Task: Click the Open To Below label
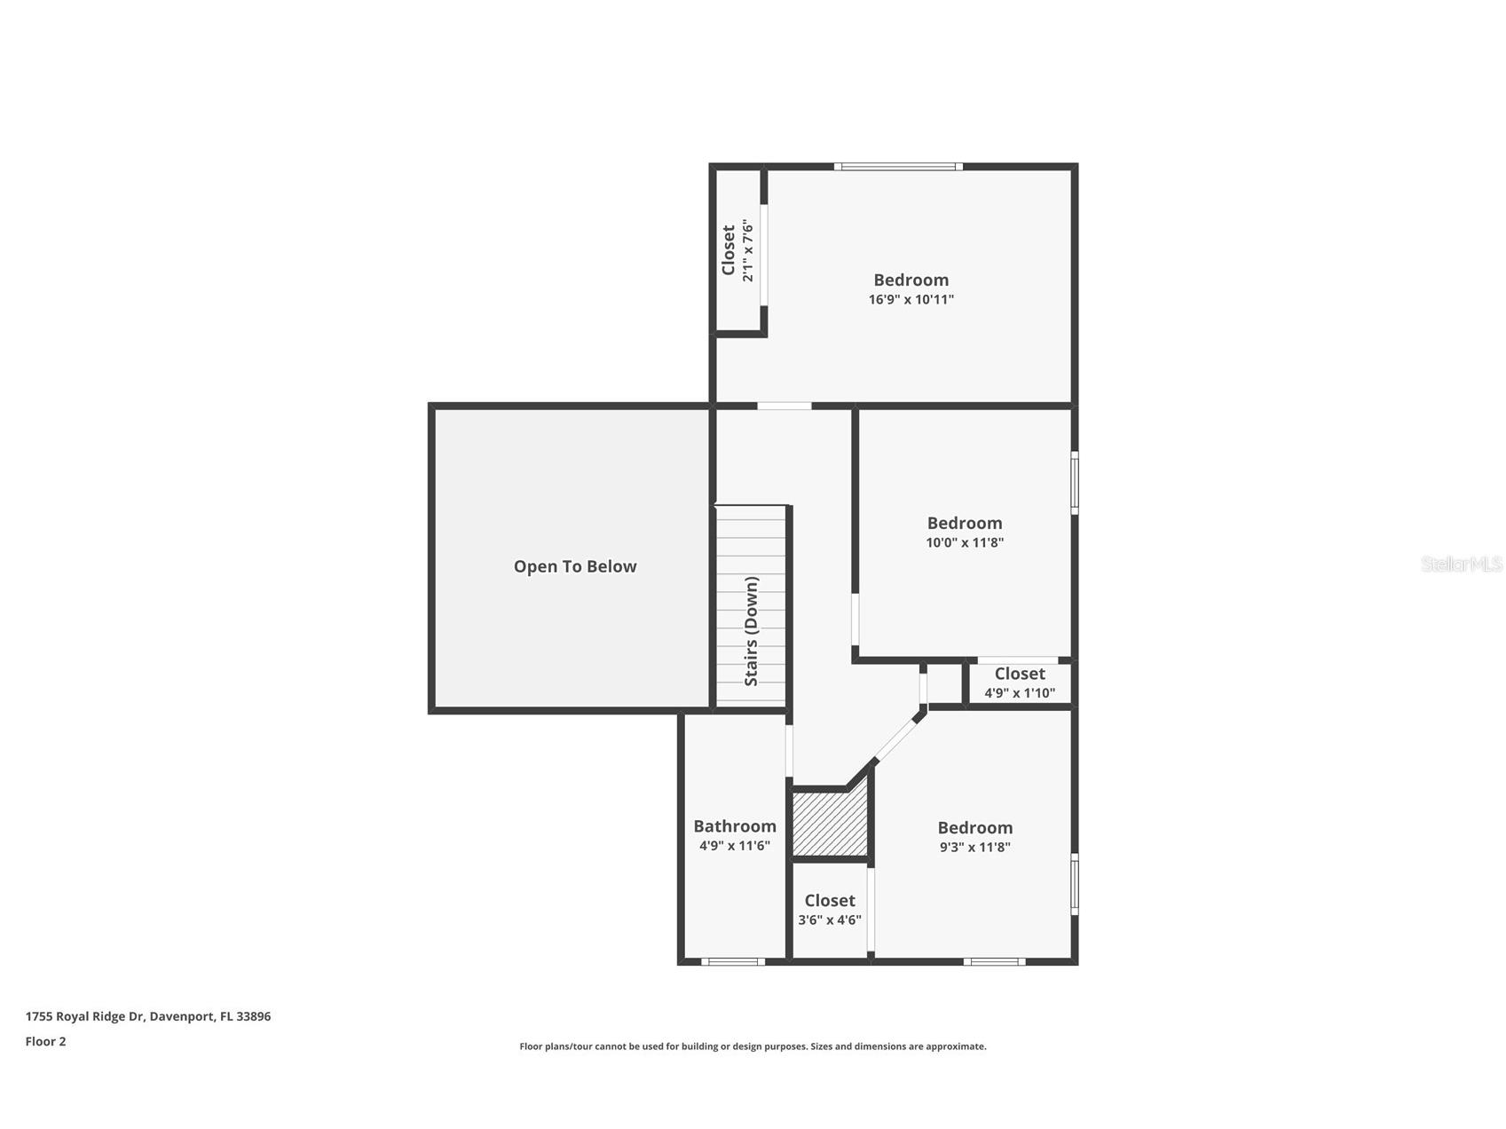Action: point(575,566)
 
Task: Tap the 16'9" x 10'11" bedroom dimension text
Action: point(911,300)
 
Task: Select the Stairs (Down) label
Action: point(752,631)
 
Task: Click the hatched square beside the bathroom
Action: point(829,825)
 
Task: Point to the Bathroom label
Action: point(734,826)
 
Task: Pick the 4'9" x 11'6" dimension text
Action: point(734,846)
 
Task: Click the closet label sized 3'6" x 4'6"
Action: point(829,901)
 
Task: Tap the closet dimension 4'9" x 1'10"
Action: point(1019,693)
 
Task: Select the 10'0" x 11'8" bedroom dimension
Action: point(964,542)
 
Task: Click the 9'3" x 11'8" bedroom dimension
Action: point(974,847)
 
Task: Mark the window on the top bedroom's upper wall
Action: point(898,166)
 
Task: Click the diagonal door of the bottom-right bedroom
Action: point(897,736)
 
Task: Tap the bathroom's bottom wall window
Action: point(733,961)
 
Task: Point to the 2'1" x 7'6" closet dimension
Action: point(748,251)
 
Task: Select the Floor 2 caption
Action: point(45,1042)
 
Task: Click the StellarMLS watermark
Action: point(1461,564)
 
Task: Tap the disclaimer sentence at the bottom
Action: point(753,1046)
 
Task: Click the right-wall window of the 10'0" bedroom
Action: point(1074,483)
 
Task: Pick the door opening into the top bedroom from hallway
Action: point(784,407)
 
